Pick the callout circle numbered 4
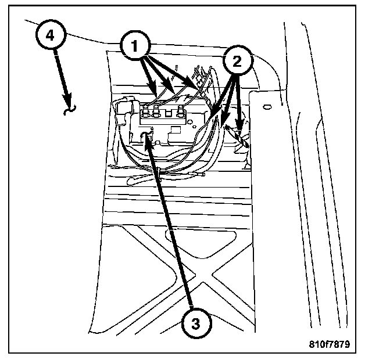tap(51, 35)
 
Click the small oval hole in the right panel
tap(267, 106)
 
